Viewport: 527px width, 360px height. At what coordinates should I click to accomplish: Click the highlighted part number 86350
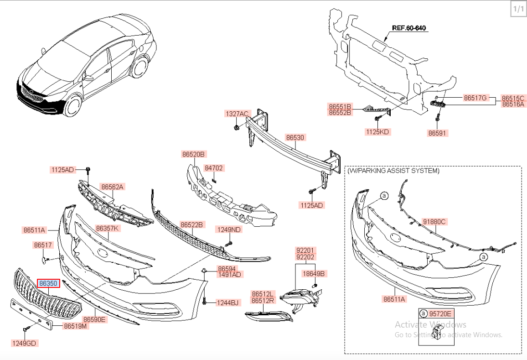[48, 283]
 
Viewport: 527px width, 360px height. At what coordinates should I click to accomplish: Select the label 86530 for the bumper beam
[295, 137]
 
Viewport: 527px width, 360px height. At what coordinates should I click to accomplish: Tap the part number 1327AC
[237, 114]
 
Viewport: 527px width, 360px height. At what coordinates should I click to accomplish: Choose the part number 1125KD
[378, 132]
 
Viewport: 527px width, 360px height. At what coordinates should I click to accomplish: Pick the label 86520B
[194, 154]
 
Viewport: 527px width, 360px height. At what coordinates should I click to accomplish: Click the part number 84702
[213, 168]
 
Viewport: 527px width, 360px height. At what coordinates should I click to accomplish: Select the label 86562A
[113, 187]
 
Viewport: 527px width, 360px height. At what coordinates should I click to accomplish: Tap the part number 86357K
[107, 228]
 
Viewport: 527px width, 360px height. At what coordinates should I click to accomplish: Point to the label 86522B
[192, 224]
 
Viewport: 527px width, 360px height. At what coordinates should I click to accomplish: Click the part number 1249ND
[229, 230]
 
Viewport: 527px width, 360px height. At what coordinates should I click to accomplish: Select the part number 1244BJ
[227, 303]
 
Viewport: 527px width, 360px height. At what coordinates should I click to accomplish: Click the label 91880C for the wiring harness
[434, 222]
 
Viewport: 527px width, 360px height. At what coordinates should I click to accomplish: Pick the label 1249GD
[24, 343]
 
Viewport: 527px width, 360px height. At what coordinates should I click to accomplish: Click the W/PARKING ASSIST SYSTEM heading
[393, 171]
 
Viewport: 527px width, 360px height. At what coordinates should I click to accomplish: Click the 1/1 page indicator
[518, 9]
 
